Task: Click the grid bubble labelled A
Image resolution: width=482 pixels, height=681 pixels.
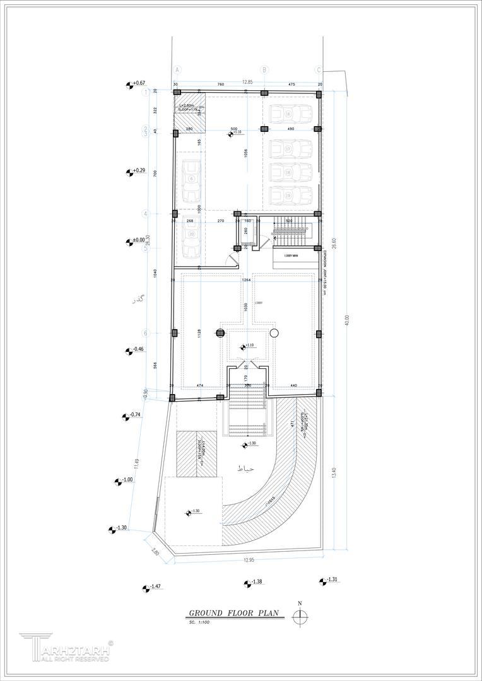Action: click(177, 69)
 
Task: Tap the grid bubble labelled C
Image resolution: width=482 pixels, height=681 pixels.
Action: click(319, 69)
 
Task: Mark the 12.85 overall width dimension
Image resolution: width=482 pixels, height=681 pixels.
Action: click(247, 82)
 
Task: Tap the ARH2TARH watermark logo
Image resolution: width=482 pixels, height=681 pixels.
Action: click(66, 649)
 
